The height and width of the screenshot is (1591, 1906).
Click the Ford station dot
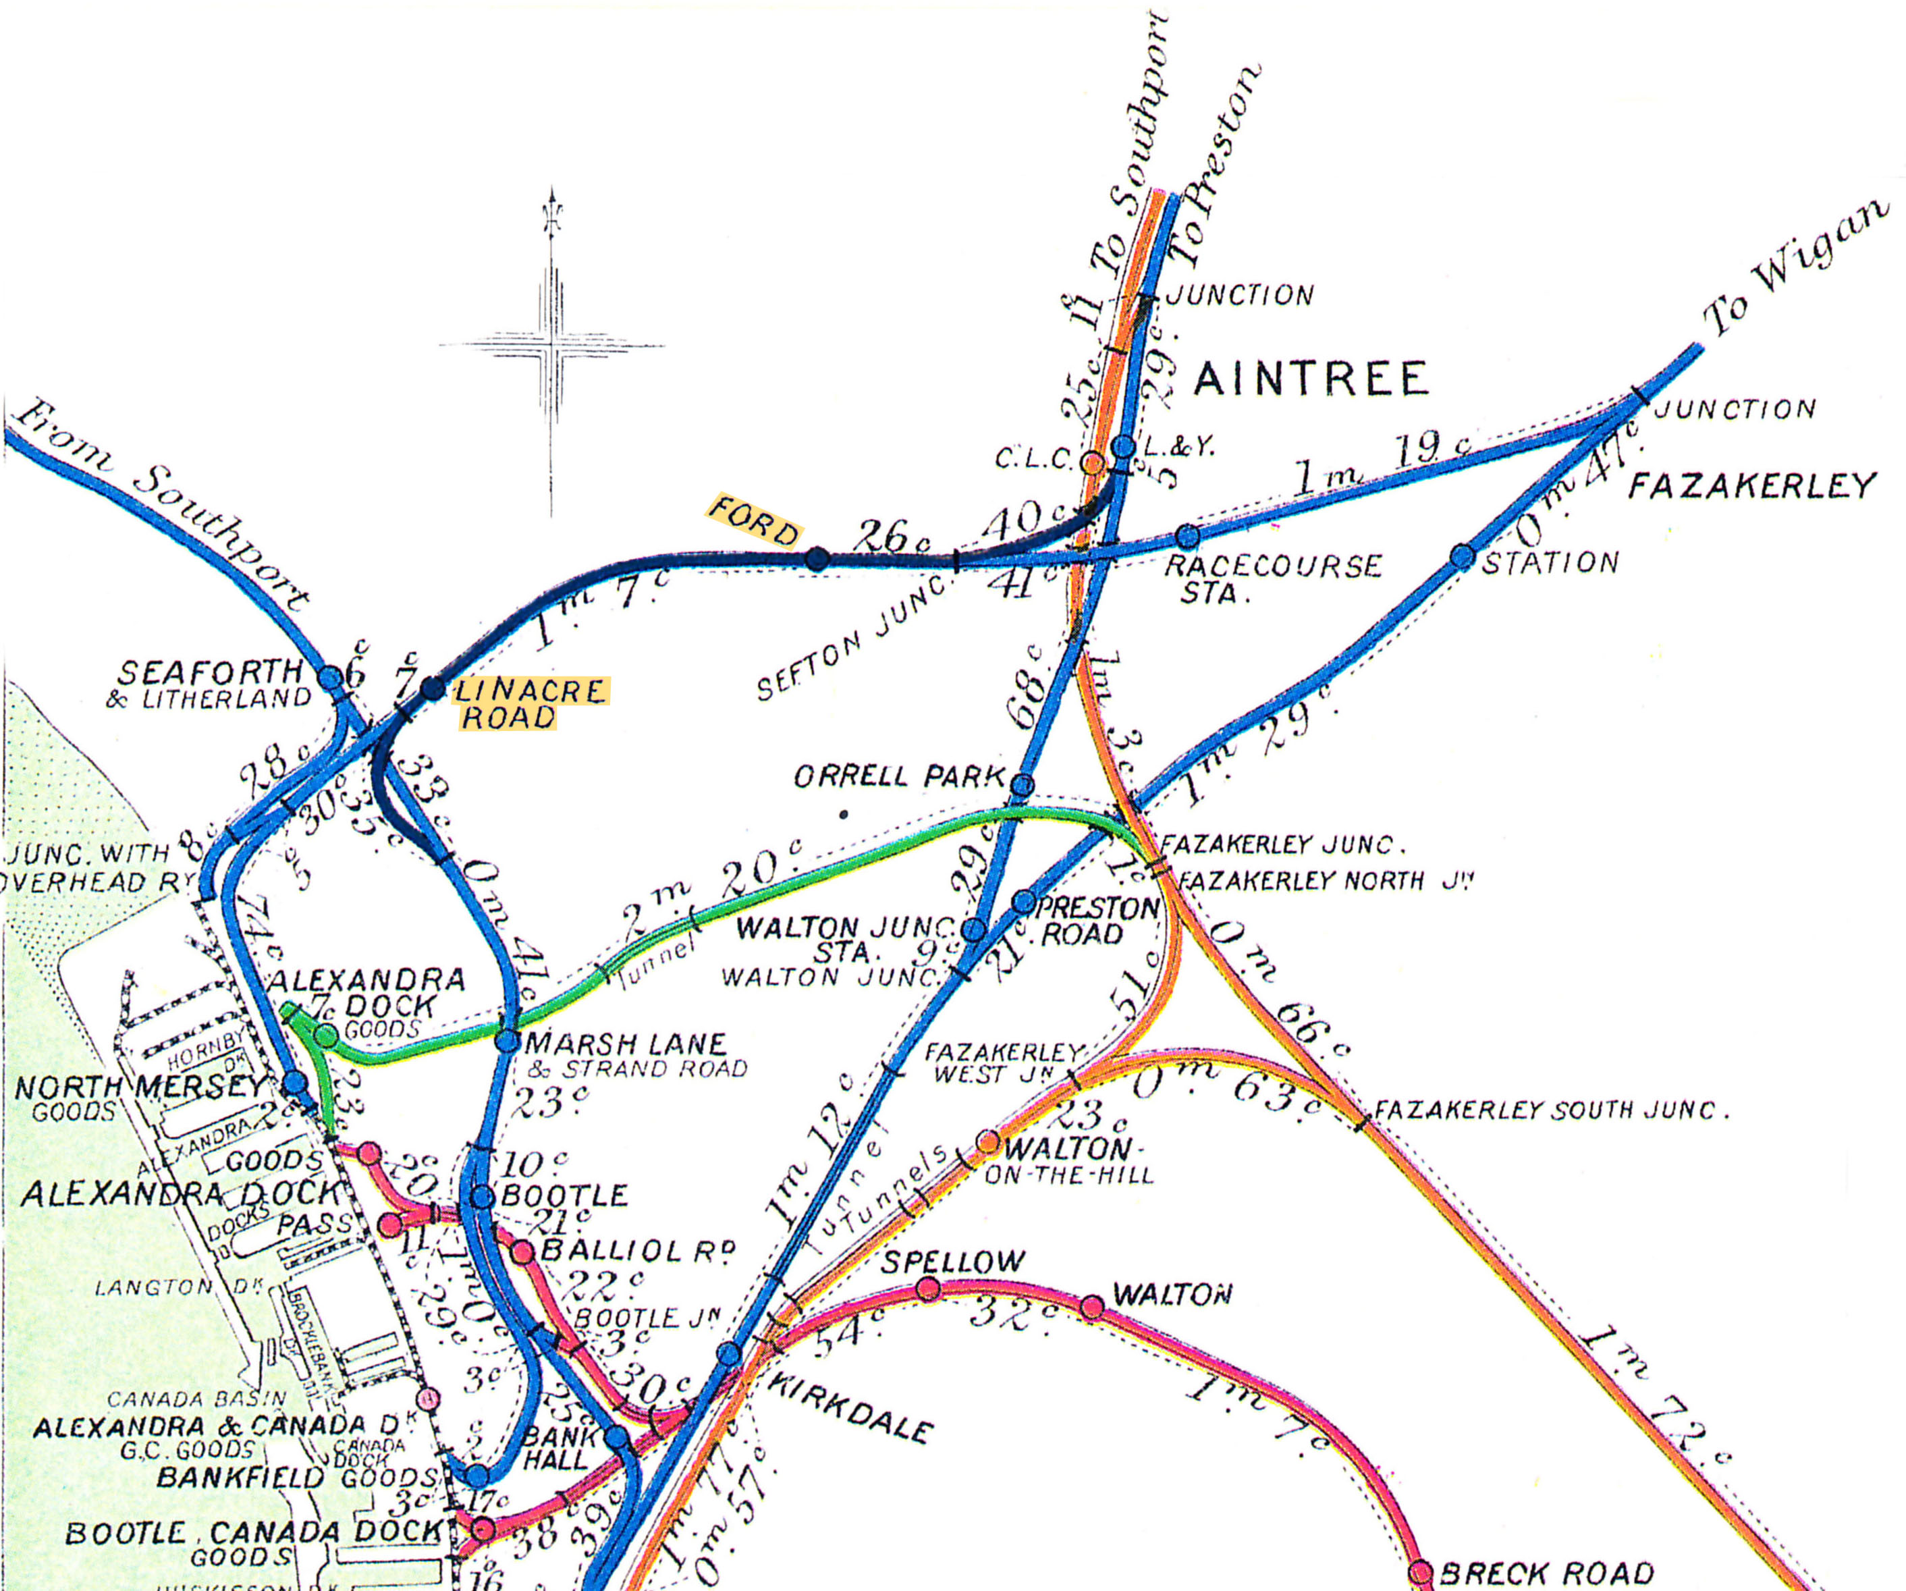[x=817, y=559]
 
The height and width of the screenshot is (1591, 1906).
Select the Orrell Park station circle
[x=1022, y=785]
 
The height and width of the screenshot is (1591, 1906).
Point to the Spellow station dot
[x=927, y=1289]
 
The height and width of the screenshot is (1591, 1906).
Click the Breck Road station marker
[x=1421, y=1572]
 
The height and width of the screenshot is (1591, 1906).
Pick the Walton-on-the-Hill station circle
[x=988, y=1141]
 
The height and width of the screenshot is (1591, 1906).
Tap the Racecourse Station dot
[x=1187, y=535]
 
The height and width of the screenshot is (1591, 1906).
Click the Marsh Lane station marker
[x=508, y=1041]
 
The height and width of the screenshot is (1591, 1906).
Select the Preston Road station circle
[x=1024, y=901]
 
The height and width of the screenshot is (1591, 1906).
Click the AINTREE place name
[x=1311, y=379]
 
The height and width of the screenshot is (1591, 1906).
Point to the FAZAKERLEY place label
[x=1751, y=487]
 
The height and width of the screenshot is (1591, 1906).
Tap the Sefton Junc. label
[x=853, y=640]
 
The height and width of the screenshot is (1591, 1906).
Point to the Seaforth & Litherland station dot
[x=331, y=677]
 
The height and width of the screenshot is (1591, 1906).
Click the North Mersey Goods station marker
[x=295, y=1082]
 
